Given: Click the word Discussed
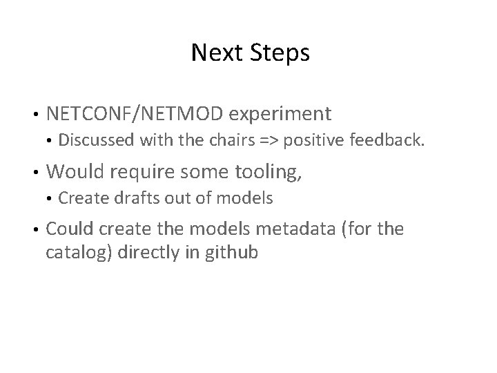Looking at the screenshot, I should (x=96, y=141).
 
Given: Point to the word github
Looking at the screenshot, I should (x=231, y=252).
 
